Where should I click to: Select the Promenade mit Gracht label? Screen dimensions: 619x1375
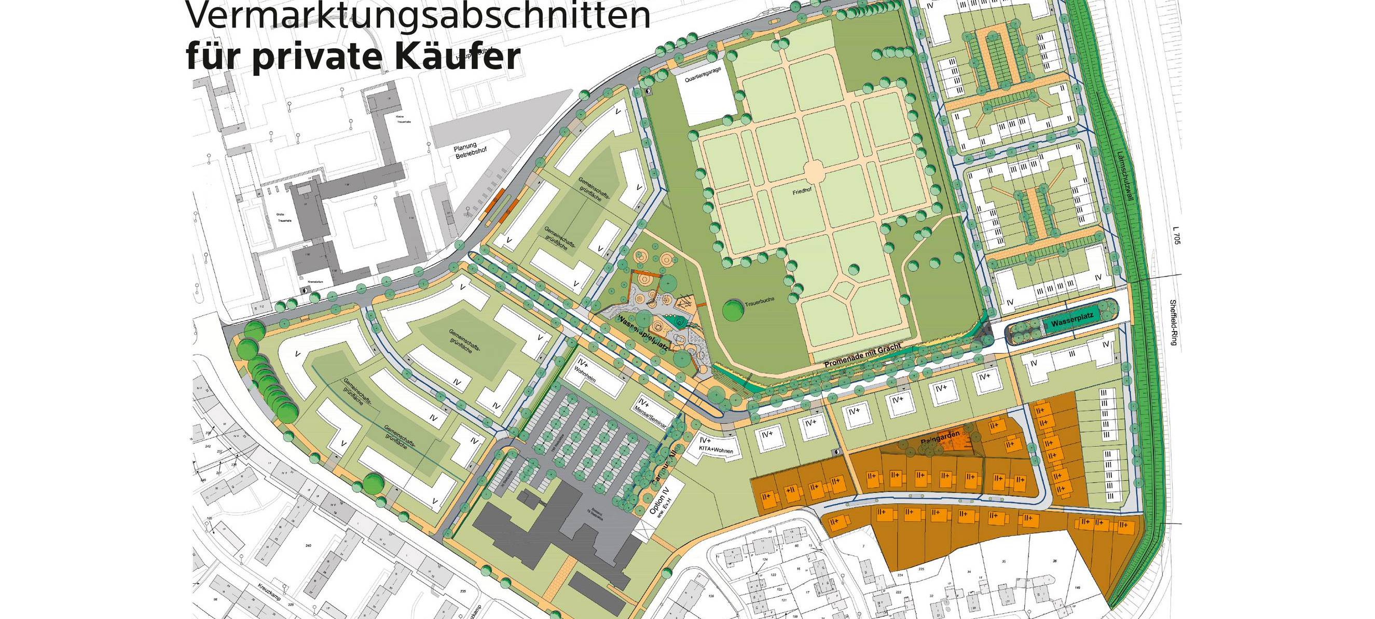pyautogui.click(x=862, y=356)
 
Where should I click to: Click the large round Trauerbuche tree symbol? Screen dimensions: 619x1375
pyautogui.click(x=733, y=309)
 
